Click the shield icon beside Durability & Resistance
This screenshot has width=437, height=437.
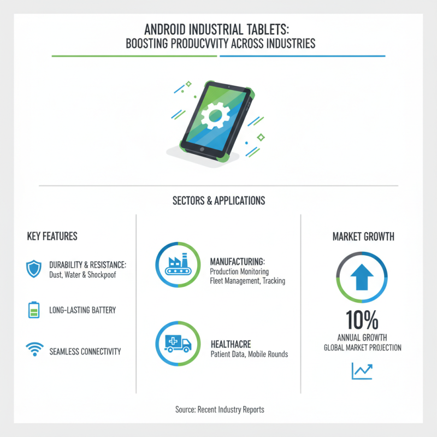point(34,269)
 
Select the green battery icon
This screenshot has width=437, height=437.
point(34,310)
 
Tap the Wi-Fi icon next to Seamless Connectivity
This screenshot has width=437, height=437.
point(34,350)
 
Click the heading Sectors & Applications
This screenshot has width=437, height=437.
point(218,200)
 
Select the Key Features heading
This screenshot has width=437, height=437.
point(52,237)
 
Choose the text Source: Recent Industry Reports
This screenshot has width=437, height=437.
point(219,409)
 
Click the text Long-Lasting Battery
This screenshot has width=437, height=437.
point(82,310)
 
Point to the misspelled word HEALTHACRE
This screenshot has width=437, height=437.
point(231,345)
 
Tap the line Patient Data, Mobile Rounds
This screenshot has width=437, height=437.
point(249,354)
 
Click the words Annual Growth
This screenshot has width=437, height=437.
point(361,338)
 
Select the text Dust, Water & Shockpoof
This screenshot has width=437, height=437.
point(82,274)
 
